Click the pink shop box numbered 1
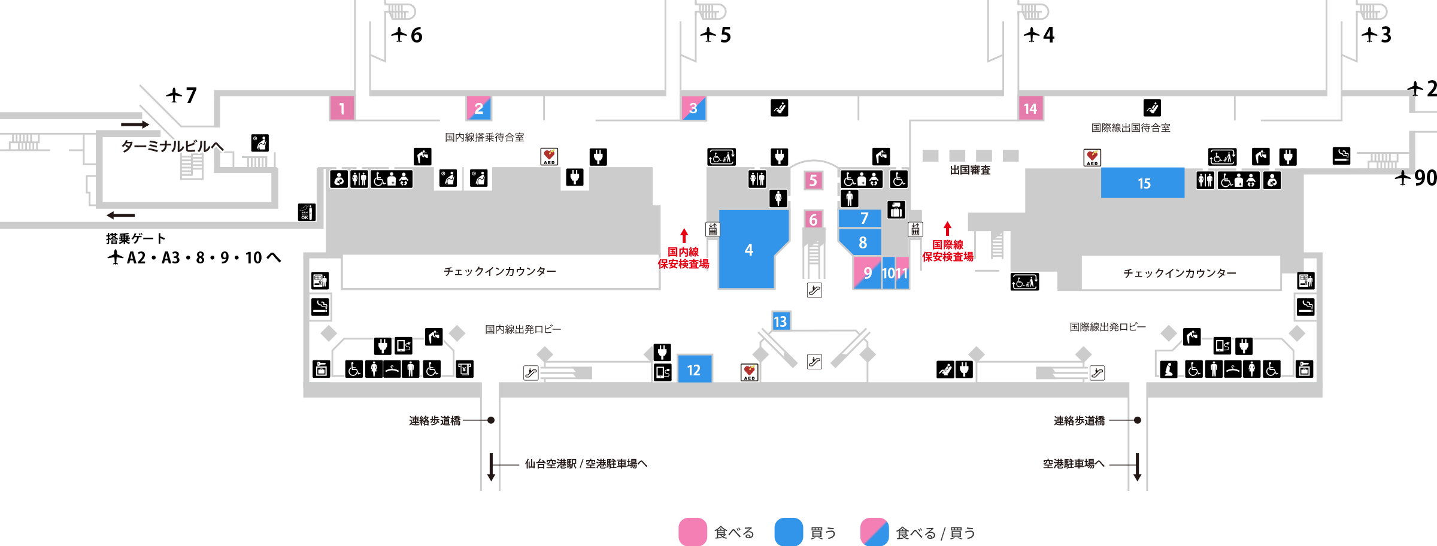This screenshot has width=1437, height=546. (342, 108)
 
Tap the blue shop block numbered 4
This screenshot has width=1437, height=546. (748, 250)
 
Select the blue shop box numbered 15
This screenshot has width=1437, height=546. (1142, 183)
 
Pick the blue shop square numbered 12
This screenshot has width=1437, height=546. (695, 369)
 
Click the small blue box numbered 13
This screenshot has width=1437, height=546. (781, 321)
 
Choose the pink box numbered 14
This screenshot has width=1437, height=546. (1030, 108)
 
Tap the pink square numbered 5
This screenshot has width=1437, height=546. (813, 180)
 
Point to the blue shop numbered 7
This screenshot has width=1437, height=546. (860, 219)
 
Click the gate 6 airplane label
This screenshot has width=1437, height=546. (407, 35)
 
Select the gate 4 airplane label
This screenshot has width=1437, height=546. (1039, 35)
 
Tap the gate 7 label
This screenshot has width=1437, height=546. (181, 95)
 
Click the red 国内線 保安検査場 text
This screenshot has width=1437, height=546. (683, 258)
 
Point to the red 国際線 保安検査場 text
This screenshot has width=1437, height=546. (947, 251)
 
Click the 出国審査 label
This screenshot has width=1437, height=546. (970, 170)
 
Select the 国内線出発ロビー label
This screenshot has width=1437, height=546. (523, 329)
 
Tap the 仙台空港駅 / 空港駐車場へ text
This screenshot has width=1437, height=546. (586, 463)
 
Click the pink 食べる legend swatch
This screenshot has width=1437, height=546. (693, 532)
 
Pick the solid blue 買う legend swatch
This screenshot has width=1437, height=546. (789, 532)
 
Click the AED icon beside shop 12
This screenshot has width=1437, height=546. (750, 372)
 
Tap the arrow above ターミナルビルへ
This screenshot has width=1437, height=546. (135, 125)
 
